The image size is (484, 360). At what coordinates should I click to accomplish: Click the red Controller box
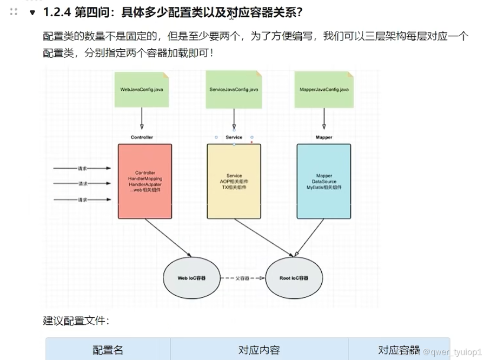tap(145, 181)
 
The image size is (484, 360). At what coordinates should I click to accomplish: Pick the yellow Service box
tap(234, 181)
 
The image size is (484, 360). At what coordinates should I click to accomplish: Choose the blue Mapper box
tap(324, 181)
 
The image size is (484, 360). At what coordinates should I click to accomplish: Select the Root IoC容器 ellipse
tap(294, 278)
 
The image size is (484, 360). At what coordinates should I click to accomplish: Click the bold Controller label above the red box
tap(142, 137)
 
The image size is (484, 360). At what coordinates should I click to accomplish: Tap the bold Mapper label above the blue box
tap(324, 137)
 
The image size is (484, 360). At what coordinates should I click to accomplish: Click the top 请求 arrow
tap(82, 168)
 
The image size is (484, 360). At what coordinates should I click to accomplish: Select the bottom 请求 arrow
tap(82, 200)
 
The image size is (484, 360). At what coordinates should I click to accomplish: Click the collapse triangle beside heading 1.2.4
tap(32, 12)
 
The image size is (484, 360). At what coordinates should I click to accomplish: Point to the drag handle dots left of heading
tap(14, 12)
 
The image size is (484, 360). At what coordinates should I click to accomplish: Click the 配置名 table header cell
tap(108, 350)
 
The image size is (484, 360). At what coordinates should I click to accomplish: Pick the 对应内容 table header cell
tap(259, 350)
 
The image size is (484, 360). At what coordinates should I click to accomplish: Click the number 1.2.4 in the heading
tap(57, 12)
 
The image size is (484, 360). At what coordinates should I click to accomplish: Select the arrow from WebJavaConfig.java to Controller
tap(142, 118)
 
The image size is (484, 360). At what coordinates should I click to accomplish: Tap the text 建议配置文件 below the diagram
tap(76, 321)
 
